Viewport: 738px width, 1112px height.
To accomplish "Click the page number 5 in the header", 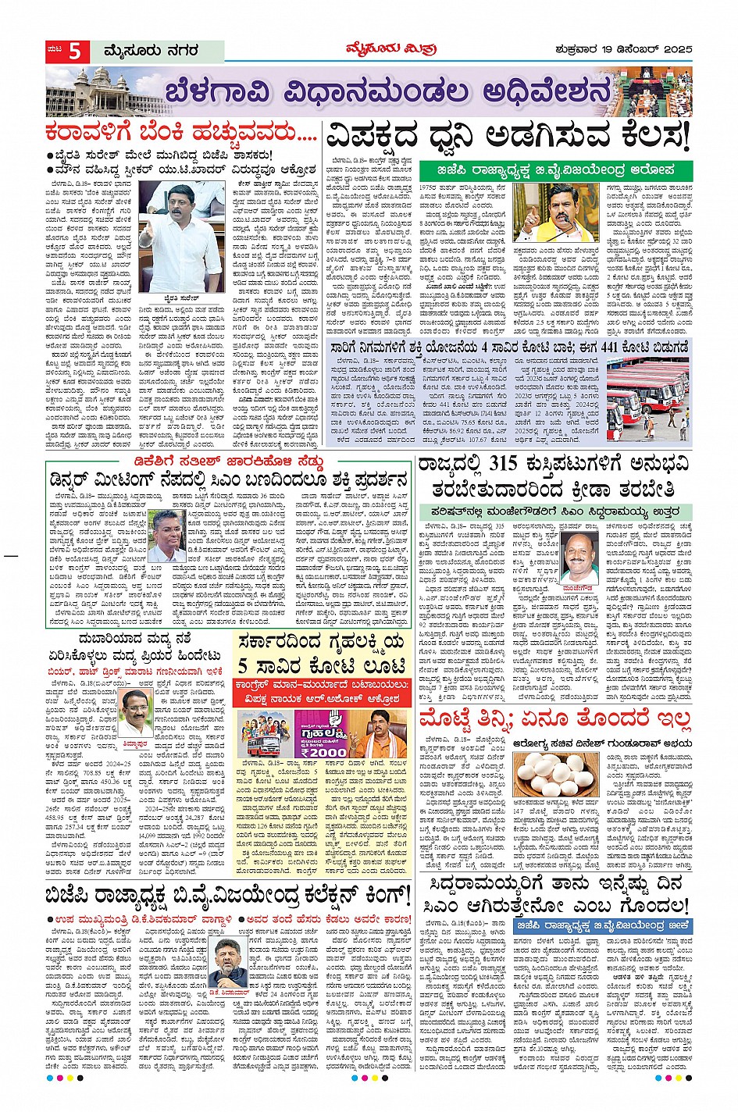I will [x=75, y=52].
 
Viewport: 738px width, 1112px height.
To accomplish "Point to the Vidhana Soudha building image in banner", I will [x=94, y=91].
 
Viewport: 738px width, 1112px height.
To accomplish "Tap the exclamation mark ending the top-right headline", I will [x=685, y=137].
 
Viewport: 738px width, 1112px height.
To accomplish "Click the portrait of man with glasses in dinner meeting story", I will [x=168, y=537].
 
